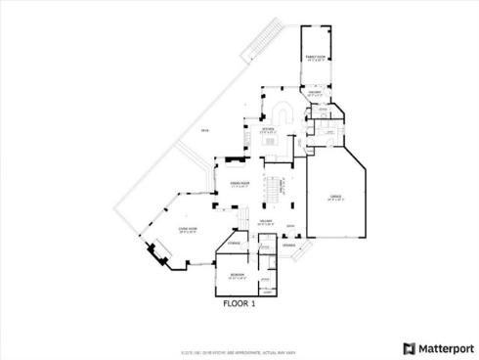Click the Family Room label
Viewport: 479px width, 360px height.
click(315, 59)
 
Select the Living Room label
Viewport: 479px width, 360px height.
click(187, 230)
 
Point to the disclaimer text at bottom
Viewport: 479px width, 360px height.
click(239, 339)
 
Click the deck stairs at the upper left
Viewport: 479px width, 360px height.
click(262, 39)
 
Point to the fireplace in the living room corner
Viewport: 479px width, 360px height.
click(154, 253)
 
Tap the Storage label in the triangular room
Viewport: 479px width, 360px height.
click(235, 243)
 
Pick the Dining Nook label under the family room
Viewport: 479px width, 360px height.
click(316, 94)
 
